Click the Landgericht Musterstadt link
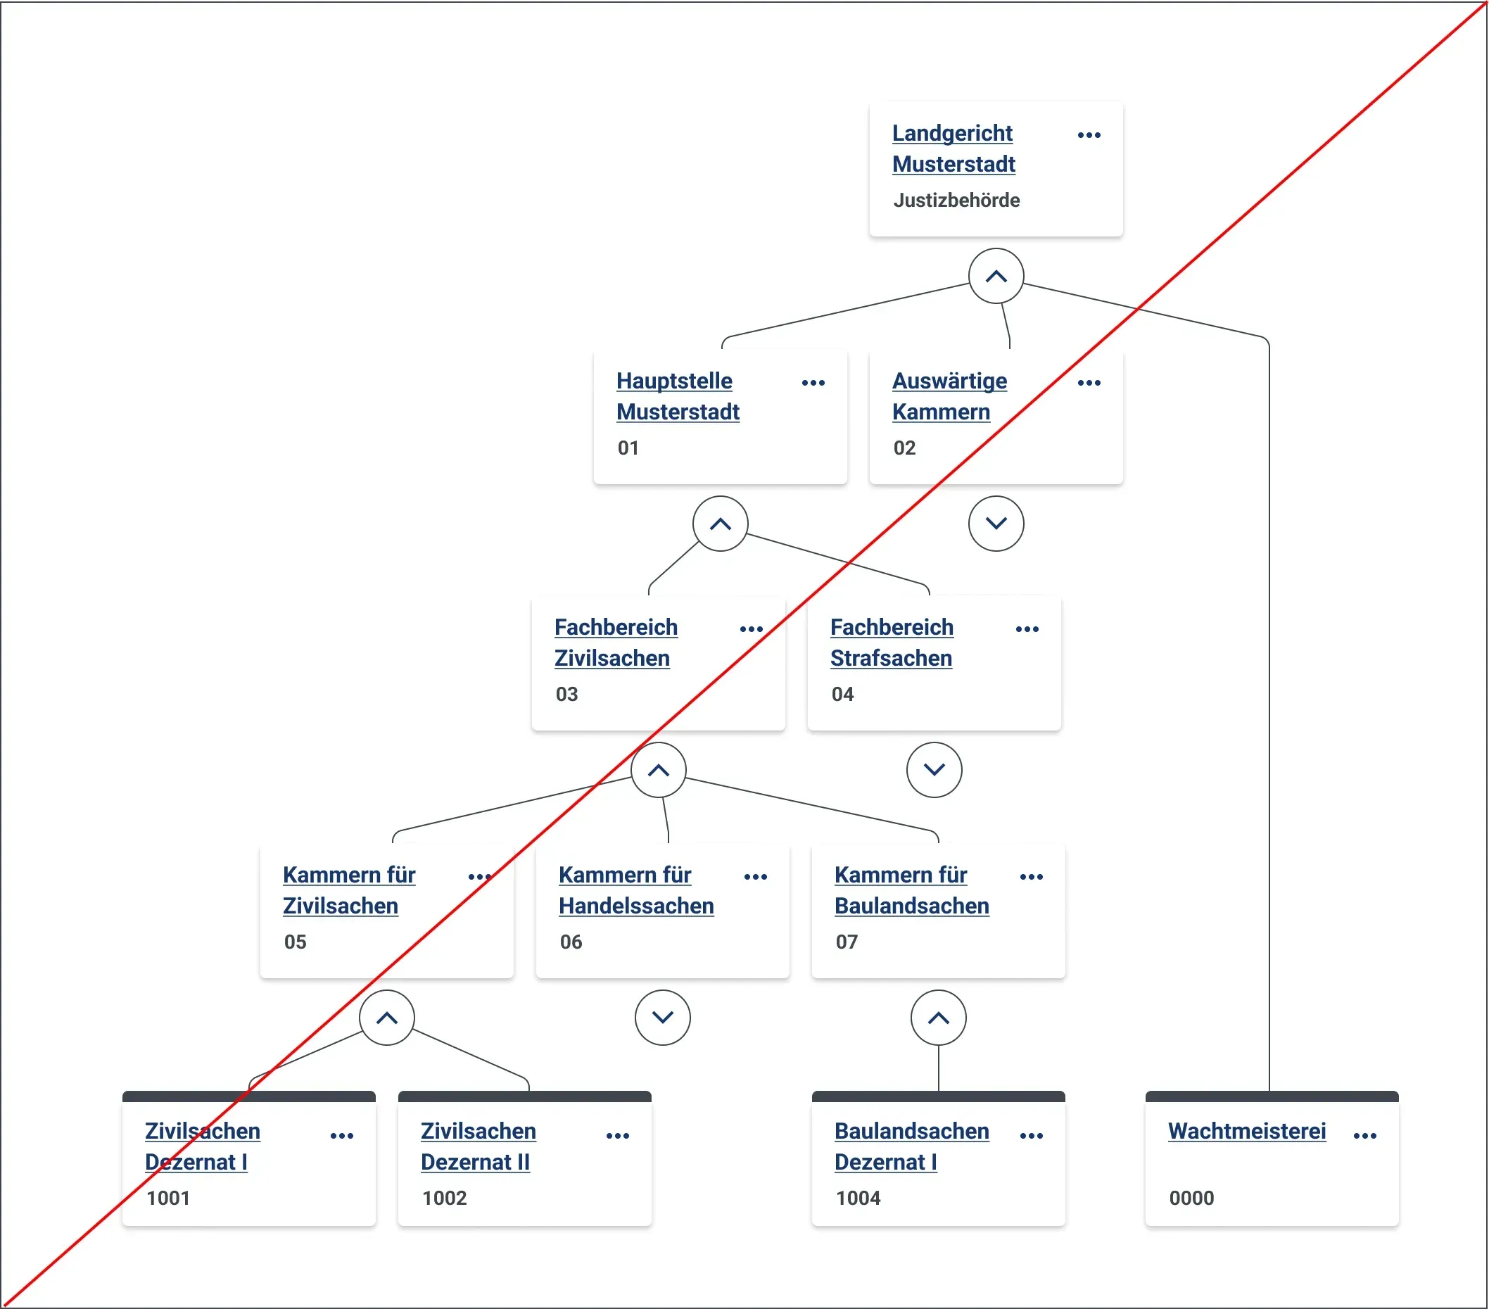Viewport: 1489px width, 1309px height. coord(953,148)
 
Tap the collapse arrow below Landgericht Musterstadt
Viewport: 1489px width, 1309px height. coord(996,276)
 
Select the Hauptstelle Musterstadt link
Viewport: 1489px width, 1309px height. coord(678,396)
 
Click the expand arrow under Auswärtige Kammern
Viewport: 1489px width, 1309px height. coord(996,524)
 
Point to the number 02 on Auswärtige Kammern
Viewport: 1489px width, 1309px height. coord(904,448)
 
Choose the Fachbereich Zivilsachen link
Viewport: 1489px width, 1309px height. coord(616,643)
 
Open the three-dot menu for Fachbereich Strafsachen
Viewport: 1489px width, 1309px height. coord(1027,628)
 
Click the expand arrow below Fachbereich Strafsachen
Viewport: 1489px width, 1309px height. coord(934,770)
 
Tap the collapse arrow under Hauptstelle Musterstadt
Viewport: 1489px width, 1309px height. coord(721,524)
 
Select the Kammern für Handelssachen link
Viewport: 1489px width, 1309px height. coord(636,890)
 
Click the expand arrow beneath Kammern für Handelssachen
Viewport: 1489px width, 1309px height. coord(662,1018)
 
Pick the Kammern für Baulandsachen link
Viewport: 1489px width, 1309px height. coord(911,890)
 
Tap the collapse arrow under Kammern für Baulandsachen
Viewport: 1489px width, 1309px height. coord(938,1018)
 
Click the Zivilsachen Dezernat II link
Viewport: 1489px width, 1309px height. coord(478,1146)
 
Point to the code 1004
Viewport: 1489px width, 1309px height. coord(858,1199)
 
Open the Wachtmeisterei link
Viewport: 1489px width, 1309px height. coord(1246,1131)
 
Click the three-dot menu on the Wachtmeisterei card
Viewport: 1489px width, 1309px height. coord(1364,1136)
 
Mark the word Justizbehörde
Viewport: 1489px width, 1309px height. coord(956,201)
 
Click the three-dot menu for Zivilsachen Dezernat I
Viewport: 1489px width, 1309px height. coord(342,1136)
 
